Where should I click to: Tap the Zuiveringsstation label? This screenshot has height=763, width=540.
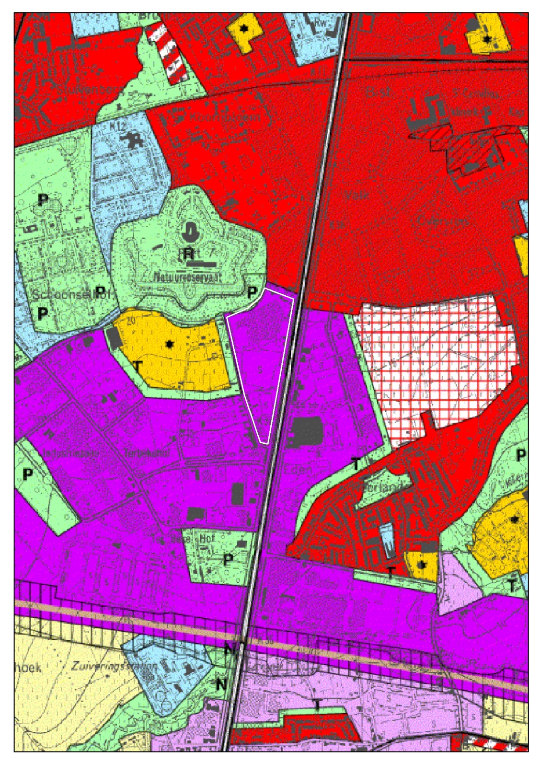(115, 666)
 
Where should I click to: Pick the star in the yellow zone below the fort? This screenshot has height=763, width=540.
(169, 344)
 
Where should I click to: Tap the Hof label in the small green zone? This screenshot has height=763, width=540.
(207, 539)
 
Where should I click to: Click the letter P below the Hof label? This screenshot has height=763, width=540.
(228, 559)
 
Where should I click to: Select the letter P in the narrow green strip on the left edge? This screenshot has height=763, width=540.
(28, 474)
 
